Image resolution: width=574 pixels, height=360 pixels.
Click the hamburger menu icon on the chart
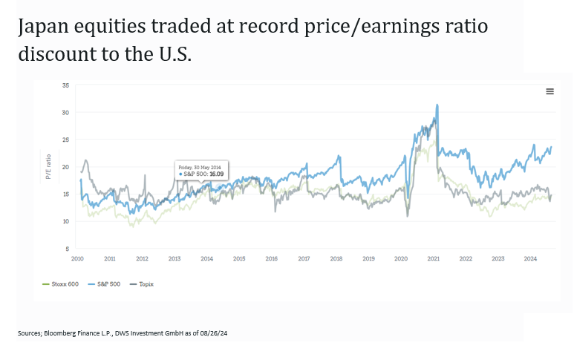[550, 91]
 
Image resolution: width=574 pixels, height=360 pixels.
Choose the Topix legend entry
[146, 284]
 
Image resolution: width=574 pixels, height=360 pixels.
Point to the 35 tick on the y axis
[65, 85]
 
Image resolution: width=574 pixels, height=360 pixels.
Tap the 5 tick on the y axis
[67, 249]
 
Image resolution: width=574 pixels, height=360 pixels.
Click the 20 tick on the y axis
[65, 167]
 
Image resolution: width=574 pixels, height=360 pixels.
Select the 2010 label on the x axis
[77, 259]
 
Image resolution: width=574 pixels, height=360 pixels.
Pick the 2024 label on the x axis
[530, 259]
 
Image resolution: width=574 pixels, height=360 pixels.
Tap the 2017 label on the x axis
[304, 259]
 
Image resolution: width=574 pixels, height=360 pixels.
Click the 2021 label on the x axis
[433, 259]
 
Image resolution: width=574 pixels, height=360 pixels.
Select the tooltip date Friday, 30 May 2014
[201, 168]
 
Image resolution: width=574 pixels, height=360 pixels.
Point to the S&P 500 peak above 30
[437, 105]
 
